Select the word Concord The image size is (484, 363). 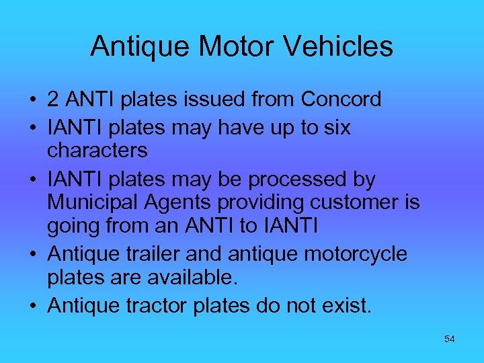click(341, 99)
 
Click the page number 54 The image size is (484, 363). click(450, 339)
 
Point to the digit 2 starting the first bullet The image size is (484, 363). click(52, 99)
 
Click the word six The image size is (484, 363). click(335, 127)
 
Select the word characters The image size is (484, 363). click(97, 150)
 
